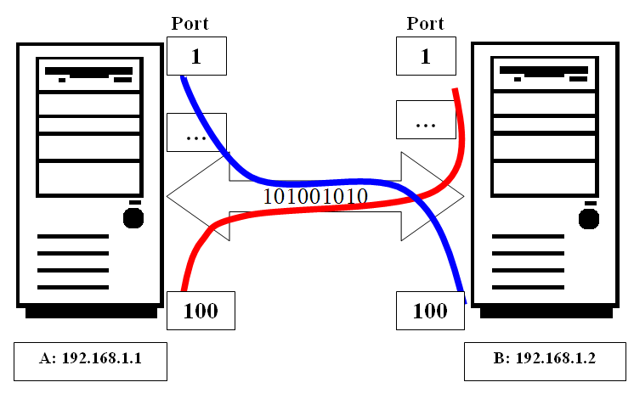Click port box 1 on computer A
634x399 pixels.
coord(196,57)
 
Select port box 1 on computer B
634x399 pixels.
coord(426,57)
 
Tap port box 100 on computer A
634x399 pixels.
coord(201,311)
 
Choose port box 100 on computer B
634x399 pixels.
coord(430,311)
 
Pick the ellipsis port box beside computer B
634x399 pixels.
coord(426,121)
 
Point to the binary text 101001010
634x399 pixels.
coord(315,196)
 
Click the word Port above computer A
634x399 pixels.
coord(190,24)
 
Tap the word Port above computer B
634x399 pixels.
coord(425,24)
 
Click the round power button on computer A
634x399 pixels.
coord(133,218)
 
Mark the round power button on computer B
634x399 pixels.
coord(587,218)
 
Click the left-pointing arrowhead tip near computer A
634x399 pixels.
coord(169,197)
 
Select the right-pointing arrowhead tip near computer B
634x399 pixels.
coord(462,197)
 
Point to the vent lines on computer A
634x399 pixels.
coord(73,261)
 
